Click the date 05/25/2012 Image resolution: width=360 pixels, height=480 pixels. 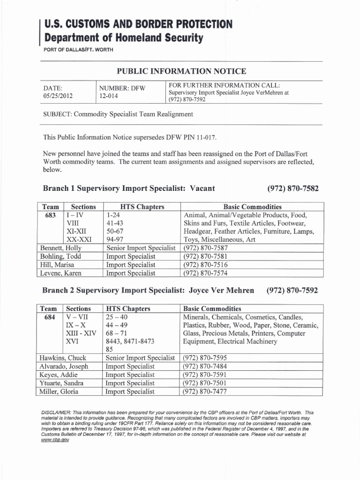click(x=58, y=97)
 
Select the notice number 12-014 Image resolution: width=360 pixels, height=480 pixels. click(x=108, y=97)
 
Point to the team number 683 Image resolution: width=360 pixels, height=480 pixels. click(x=50, y=215)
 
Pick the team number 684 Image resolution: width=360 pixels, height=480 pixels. click(x=50, y=317)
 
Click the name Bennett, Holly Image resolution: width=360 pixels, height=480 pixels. click(x=61, y=247)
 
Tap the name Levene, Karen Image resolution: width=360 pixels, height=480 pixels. click(x=60, y=273)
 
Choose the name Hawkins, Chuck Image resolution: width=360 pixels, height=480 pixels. click(x=63, y=358)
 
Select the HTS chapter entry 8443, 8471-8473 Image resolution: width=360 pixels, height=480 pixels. click(x=130, y=341)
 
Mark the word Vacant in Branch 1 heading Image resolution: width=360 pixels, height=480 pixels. click(x=202, y=188)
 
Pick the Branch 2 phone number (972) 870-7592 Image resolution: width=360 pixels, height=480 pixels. click(x=292, y=290)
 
